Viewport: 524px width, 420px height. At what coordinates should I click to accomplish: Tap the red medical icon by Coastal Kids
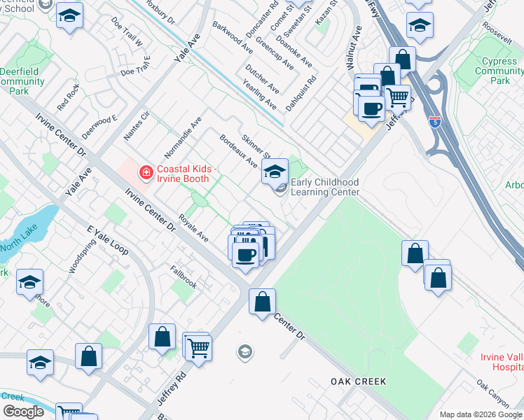tap(146, 171)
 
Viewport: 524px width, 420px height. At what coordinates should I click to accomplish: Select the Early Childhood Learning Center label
tap(324, 187)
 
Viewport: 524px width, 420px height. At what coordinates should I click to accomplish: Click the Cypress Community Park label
tap(500, 71)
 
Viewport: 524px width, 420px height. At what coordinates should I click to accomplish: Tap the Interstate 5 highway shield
tap(435, 122)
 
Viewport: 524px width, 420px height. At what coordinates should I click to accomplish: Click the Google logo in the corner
tap(23, 412)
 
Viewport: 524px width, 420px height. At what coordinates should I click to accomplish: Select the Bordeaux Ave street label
tap(238, 150)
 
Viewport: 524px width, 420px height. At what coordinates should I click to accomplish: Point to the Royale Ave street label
tap(193, 228)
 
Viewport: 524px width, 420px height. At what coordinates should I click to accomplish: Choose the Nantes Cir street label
tap(137, 124)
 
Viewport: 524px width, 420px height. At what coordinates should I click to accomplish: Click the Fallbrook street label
tap(183, 277)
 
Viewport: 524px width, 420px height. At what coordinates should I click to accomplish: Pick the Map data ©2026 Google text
tap(480, 414)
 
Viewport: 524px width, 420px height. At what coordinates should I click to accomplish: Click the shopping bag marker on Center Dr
tap(263, 302)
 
